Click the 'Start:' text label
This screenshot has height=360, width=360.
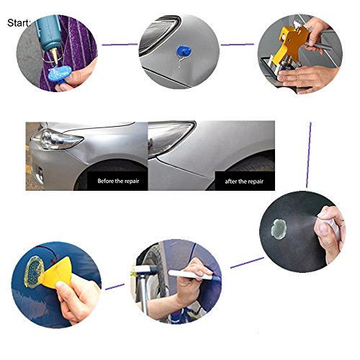tap(19, 23)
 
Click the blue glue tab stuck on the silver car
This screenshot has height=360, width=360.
tap(184, 52)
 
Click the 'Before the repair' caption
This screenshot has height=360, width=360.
tap(118, 181)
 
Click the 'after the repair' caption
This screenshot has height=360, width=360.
tap(244, 181)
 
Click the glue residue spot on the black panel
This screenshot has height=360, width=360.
tap(279, 228)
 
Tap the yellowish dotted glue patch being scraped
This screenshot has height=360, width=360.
tap(35, 271)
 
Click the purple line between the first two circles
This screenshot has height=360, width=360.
tap(120, 45)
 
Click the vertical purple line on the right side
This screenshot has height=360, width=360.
tap(309, 155)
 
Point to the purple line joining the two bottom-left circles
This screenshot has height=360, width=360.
tap(115, 287)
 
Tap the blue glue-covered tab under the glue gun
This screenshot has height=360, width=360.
tap(59, 73)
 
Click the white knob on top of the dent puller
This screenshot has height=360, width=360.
tap(299, 24)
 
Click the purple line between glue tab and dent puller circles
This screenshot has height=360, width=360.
tap(237, 45)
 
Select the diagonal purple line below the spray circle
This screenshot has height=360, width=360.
tap(247, 263)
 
